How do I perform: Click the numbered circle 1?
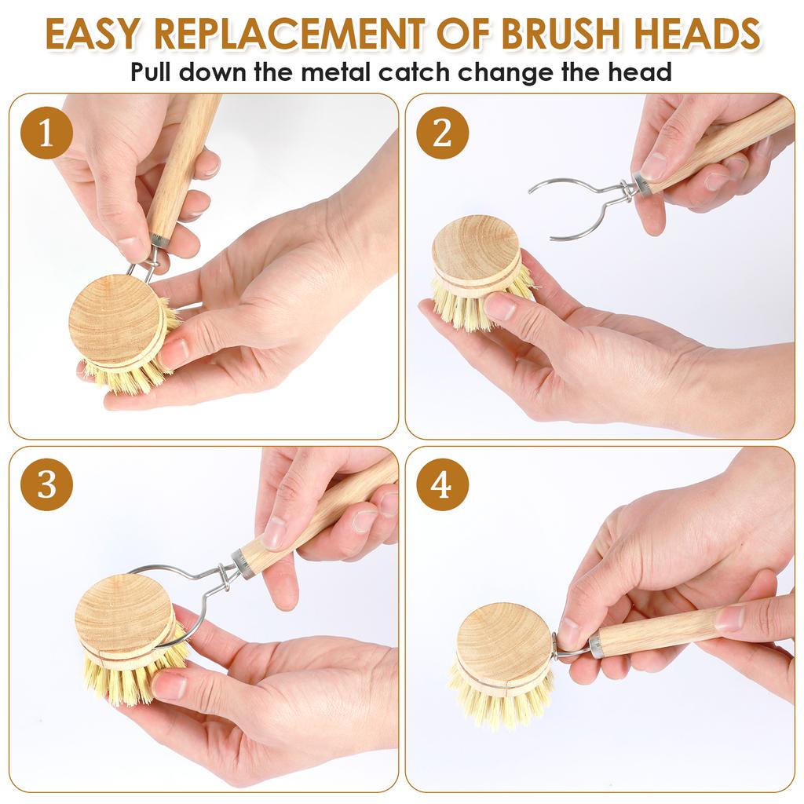pos(46,133)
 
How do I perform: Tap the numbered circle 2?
pos(442,133)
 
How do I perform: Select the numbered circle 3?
pos(46,484)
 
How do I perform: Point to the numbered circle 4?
pos(442,484)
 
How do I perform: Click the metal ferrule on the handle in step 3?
pos(243,565)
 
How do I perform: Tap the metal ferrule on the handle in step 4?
pos(597,645)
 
